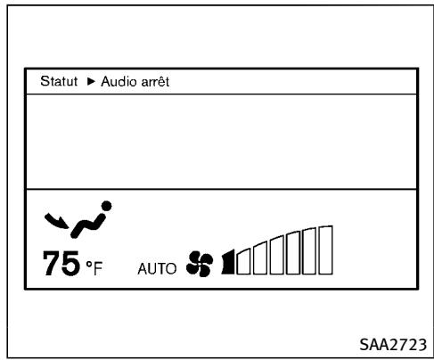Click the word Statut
click(x=59, y=81)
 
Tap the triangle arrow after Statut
click(x=91, y=81)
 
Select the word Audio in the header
click(x=119, y=81)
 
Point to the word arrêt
click(x=155, y=81)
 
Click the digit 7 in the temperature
click(x=53, y=263)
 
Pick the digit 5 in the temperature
click(x=71, y=263)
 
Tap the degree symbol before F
click(x=89, y=264)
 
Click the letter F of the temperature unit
click(x=98, y=268)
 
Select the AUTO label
click(x=157, y=269)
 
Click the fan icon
click(x=200, y=264)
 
